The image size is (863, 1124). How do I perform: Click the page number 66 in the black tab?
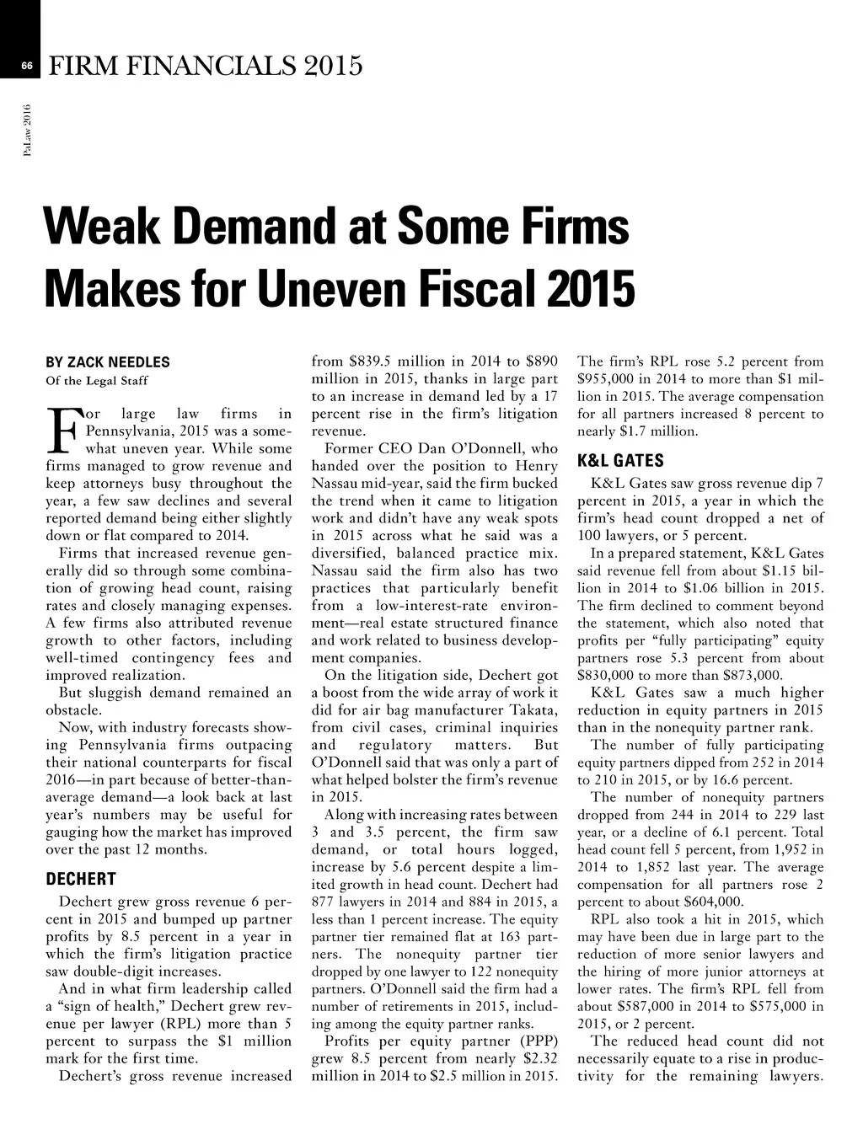click(x=26, y=65)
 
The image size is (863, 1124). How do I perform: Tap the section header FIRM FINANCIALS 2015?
click(x=206, y=65)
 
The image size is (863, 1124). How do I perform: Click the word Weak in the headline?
click(x=105, y=227)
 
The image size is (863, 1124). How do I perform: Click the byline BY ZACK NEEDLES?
click(x=107, y=362)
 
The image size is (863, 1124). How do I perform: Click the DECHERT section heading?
click(x=80, y=880)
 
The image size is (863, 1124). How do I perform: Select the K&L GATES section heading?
click(x=620, y=461)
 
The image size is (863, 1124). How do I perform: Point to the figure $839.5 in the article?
click(x=371, y=361)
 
